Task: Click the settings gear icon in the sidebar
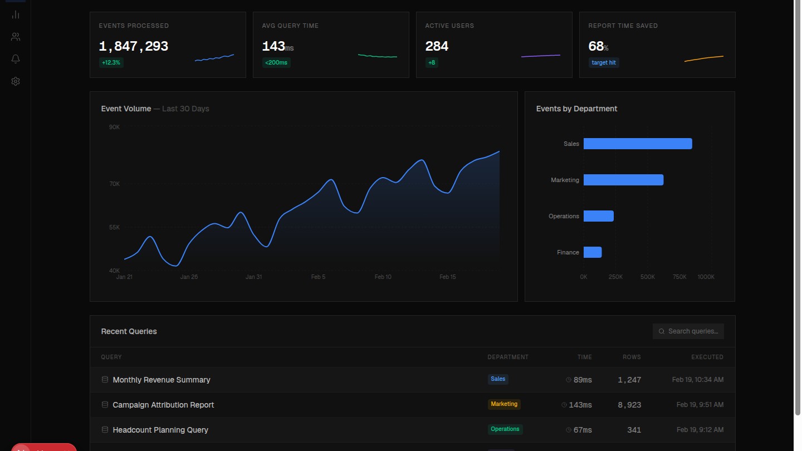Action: point(16,81)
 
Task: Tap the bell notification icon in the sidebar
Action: point(16,59)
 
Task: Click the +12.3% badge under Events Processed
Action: point(111,62)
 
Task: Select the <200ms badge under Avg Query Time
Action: point(276,62)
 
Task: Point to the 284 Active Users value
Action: point(437,46)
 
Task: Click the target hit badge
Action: point(604,62)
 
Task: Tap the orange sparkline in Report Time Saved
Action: point(704,58)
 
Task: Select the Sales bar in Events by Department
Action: point(638,144)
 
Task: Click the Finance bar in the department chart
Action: point(593,252)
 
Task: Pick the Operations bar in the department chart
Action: point(599,216)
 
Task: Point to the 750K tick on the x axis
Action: point(679,277)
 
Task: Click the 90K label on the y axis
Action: point(114,128)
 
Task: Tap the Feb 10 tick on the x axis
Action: point(383,277)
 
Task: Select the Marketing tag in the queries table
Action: point(504,404)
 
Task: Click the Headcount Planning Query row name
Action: point(160,430)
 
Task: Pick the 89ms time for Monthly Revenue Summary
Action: point(583,380)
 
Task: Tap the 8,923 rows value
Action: point(629,405)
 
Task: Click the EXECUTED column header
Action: point(707,357)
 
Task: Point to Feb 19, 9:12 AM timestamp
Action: point(700,430)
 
